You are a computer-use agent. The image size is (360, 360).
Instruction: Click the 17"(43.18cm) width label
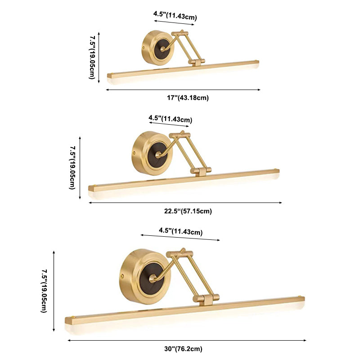[x=188, y=98]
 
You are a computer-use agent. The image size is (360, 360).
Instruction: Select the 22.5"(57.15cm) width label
[x=188, y=211]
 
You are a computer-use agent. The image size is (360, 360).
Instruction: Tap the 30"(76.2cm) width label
[x=183, y=349]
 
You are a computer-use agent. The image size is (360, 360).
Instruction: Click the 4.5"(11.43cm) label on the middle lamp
[x=170, y=119]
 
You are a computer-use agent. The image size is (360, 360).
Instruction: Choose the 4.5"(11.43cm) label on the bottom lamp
[x=181, y=231]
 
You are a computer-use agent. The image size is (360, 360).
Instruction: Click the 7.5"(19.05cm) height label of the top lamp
[x=92, y=58]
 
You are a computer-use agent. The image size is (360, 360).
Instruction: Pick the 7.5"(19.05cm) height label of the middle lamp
[x=72, y=168]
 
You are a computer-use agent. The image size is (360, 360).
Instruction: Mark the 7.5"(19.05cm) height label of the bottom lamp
[x=44, y=291]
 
